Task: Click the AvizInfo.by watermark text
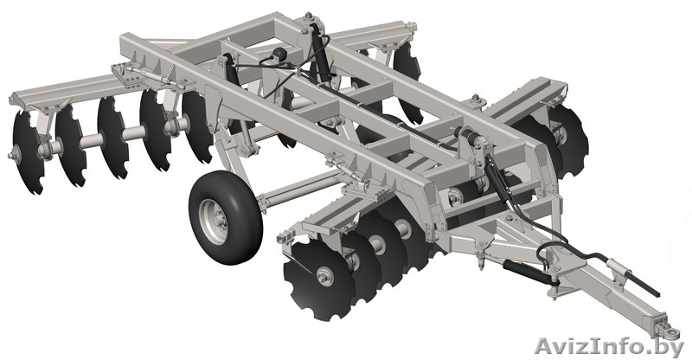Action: pos(609,346)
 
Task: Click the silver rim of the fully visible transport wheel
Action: pos(213,222)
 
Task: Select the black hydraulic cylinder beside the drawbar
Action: pos(527,269)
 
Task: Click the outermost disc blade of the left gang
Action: pos(28,152)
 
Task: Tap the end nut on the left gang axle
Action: pos(12,155)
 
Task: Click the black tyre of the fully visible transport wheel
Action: pos(225,219)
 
